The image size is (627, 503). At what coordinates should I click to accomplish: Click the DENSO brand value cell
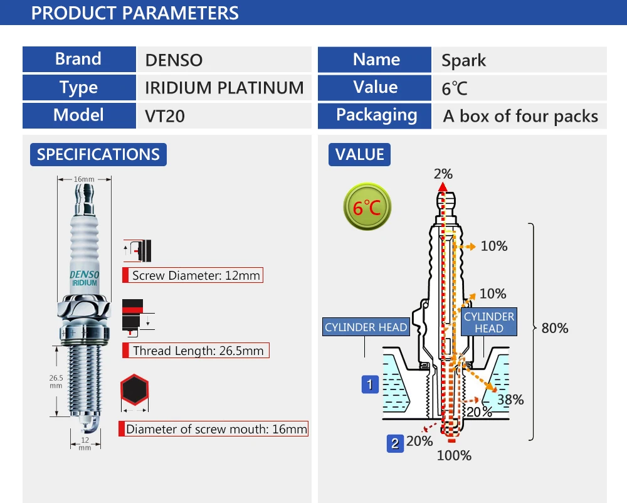pyautogui.click(x=224, y=60)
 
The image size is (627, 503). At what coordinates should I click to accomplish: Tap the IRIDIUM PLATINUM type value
pyautogui.click(x=224, y=88)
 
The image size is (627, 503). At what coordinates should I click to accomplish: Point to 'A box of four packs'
pyautogui.click(x=520, y=117)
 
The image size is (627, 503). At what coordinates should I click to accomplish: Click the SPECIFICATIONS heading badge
pyautogui.click(x=98, y=154)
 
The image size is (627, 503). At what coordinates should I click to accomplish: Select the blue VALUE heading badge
pyautogui.click(x=359, y=154)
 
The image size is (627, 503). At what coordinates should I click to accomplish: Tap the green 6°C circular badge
pyautogui.click(x=367, y=207)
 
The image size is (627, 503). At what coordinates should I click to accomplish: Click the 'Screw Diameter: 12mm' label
pyautogui.click(x=192, y=275)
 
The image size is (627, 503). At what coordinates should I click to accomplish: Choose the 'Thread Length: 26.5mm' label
pyautogui.click(x=196, y=350)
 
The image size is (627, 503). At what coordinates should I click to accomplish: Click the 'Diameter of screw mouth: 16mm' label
pyautogui.click(x=214, y=428)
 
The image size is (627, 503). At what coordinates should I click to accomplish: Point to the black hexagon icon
pyautogui.click(x=134, y=389)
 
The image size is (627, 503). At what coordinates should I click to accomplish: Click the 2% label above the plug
pyautogui.click(x=443, y=174)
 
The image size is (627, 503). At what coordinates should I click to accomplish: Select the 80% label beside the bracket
pyautogui.click(x=555, y=328)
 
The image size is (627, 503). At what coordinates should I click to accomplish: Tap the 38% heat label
pyautogui.click(x=510, y=400)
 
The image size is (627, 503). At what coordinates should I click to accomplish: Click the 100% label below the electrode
pyautogui.click(x=454, y=455)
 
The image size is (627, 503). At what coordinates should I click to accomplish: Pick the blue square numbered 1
pyautogui.click(x=370, y=384)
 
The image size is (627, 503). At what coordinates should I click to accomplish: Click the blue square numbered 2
pyautogui.click(x=395, y=443)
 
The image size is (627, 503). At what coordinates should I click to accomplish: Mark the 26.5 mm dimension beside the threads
pyautogui.click(x=56, y=381)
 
